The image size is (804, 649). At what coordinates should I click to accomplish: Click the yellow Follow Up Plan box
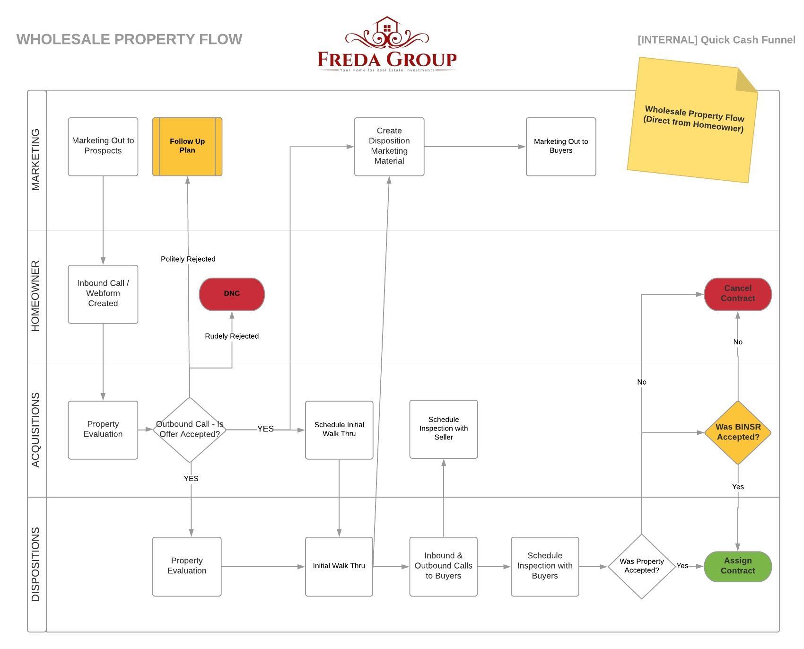[x=187, y=146]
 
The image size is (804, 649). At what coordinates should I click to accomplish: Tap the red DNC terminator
[x=232, y=294]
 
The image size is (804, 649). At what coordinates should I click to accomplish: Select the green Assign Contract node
[x=737, y=566]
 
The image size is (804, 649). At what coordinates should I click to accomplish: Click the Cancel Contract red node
[x=737, y=293]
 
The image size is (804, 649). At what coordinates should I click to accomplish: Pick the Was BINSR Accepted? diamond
[x=737, y=432]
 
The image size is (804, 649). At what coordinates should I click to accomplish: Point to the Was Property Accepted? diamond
[x=641, y=566]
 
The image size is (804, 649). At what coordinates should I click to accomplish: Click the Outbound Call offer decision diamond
[x=190, y=429]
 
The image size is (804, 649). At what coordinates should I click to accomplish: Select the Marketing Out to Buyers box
[x=560, y=146]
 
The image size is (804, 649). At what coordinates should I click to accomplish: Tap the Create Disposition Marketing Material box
[x=389, y=146]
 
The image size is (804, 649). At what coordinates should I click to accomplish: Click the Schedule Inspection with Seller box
[x=443, y=429]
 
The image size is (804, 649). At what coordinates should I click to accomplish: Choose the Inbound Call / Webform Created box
[x=103, y=294]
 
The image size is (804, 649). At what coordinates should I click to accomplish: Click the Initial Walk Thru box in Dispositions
[x=339, y=566]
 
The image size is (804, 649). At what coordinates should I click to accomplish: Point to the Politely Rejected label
[x=188, y=259]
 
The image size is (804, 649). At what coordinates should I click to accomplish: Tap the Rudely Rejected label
[x=232, y=336]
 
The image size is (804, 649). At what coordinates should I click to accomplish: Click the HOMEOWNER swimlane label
[x=36, y=296]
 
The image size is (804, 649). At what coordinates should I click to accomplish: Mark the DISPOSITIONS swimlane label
[x=36, y=564]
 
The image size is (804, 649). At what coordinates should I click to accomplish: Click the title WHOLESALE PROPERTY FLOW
[x=129, y=39]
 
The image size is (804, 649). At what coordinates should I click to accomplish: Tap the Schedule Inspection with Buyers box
[x=544, y=566]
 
